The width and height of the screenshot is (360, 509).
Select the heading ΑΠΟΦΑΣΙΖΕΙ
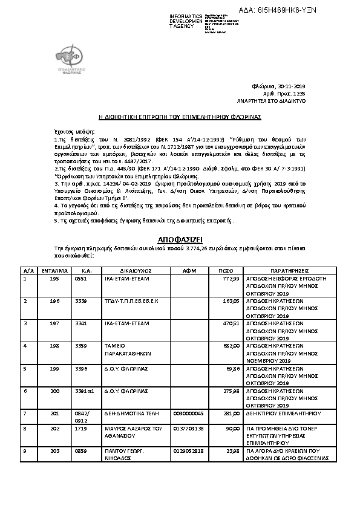180,239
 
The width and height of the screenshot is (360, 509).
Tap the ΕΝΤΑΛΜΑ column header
55,271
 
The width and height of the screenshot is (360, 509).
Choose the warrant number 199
54,368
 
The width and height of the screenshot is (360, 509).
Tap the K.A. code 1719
80,428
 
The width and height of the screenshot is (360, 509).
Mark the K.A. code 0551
80,279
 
